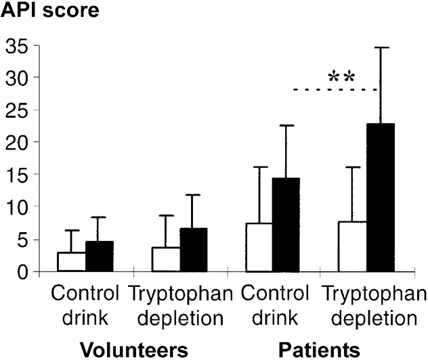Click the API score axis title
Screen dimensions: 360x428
(x=46, y=12)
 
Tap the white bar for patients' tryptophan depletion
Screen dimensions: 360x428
(x=353, y=246)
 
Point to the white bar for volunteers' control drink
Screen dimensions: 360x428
(x=72, y=262)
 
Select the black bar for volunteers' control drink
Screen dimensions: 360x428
(x=100, y=256)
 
